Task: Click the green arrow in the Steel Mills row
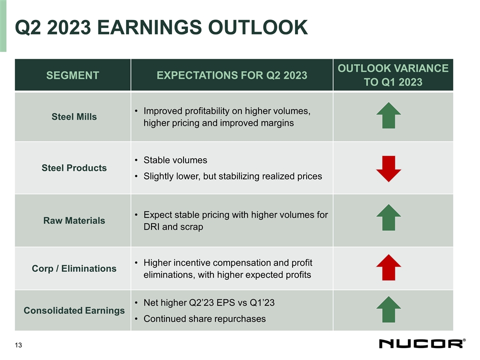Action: [388, 115]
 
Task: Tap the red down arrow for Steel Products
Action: [388, 168]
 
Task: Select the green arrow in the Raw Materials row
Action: [388, 217]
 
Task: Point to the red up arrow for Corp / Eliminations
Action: [388, 267]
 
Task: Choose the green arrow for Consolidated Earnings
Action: [388, 309]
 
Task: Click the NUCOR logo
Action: [422, 343]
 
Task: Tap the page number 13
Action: [18, 345]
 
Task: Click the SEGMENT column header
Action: [72, 75]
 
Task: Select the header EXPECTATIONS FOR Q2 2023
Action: [231, 75]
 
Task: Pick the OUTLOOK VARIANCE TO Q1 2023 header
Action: [393, 75]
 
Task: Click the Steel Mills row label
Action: [74, 116]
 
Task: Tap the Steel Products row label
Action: [74, 168]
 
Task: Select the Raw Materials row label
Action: [74, 220]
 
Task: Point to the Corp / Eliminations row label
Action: [74, 268]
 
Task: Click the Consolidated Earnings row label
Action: [74, 310]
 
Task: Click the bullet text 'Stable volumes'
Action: [175, 160]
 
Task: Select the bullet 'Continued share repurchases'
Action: [204, 318]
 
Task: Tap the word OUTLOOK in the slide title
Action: [258, 27]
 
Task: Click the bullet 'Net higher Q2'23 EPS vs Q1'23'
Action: [209, 302]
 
